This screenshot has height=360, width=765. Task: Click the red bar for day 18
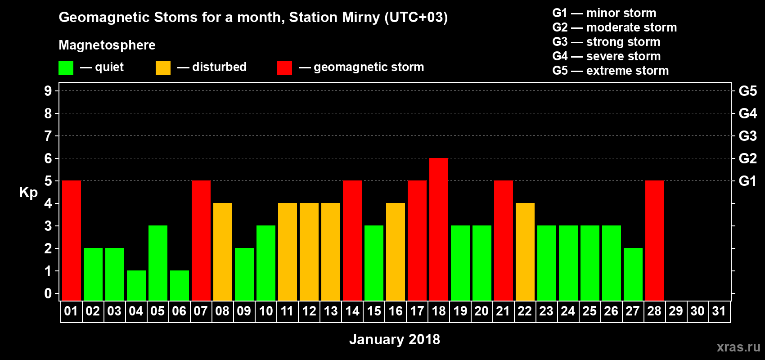(x=439, y=229)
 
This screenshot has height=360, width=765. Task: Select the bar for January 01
(x=72, y=240)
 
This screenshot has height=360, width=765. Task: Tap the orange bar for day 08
(x=223, y=252)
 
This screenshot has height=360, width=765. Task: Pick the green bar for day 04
(x=136, y=286)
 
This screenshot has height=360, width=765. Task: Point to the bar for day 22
(x=525, y=252)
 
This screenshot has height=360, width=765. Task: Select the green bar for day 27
(x=633, y=274)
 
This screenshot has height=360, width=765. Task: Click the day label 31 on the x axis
(x=719, y=311)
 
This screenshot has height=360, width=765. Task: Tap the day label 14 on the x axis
(x=352, y=311)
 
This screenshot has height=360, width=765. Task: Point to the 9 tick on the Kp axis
(x=48, y=91)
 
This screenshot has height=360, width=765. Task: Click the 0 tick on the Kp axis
(x=48, y=293)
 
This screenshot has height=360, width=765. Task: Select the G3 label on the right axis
(x=748, y=136)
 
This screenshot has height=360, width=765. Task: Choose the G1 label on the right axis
(x=748, y=181)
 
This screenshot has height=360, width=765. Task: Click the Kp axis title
(x=28, y=192)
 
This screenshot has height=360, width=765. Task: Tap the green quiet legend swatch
(x=66, y=67)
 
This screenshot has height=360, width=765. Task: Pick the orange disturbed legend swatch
(x=163, y=67)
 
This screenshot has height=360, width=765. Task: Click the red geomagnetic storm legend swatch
(x=284, y=67)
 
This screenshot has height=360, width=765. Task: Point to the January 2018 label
(x=395, y=339)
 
